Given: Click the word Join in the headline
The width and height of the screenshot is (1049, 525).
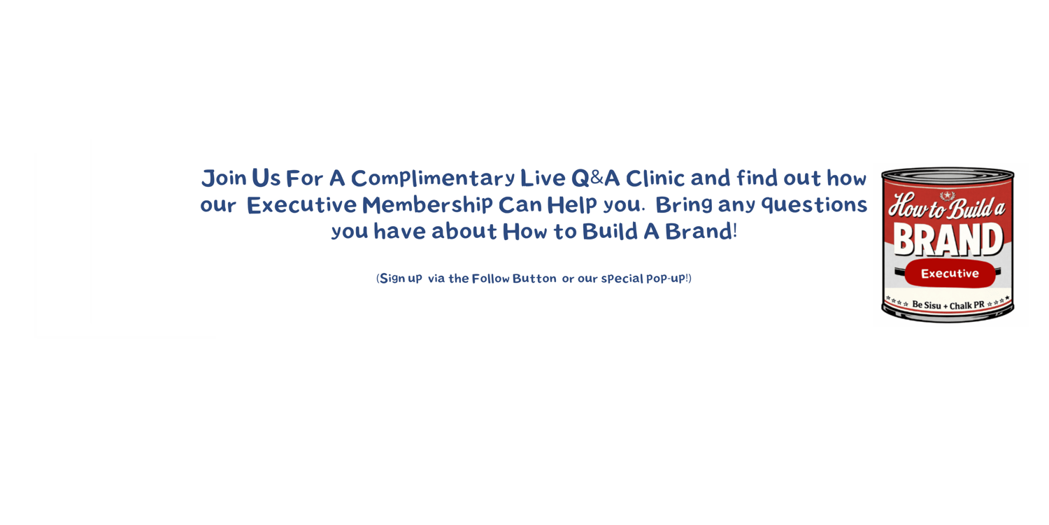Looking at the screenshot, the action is coord(224,178).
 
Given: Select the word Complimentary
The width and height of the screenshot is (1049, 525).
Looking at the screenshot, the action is coord(433,178).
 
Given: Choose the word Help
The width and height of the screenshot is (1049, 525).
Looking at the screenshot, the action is coord(572,205).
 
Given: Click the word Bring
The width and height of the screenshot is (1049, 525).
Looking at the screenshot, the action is coord(684,205).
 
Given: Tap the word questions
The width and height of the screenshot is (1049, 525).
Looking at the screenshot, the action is coord(815,205).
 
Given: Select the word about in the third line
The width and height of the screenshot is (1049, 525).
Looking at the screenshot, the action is coord(464,232).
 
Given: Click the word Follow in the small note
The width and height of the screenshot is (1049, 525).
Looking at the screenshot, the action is coord(490,279).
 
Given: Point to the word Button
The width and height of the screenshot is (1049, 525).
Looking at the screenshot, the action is coord(534,279).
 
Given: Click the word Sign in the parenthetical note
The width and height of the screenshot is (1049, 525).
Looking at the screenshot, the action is coord(392,279).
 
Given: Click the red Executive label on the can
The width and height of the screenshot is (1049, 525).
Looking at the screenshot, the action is coord(950,274).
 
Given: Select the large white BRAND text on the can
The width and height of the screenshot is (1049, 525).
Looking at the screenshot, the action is coord(948,239).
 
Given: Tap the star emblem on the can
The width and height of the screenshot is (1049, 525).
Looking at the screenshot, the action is coord(948,195).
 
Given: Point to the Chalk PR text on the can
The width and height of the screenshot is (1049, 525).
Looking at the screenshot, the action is coord(967,306).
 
